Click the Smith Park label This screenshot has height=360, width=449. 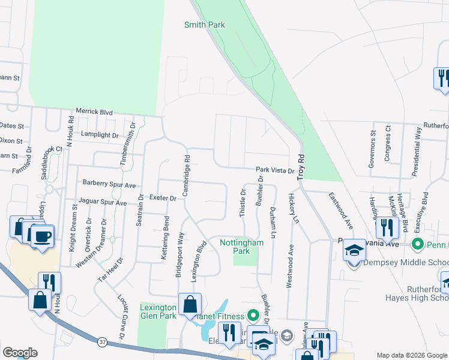[x=205, y=25]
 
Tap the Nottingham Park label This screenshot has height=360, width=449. [x=242, y=247]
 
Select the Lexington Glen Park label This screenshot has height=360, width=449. [x=158, y=311]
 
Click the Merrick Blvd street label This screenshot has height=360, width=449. [x=94, y=112]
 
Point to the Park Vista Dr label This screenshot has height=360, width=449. [x=275, y=170]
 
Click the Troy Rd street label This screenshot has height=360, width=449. [x=301, y=163]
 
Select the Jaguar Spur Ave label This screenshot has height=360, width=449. [x=101, y=203]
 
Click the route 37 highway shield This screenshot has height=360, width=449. [x=101, y=341]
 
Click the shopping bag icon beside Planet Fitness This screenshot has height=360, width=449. [x=190, y=304]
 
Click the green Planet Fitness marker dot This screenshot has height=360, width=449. [x=253, y=316]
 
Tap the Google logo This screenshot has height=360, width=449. [x=20, y=353]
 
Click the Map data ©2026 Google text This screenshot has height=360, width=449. [x=411, y=355]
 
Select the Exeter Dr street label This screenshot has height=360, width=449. [x=162, y=197]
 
